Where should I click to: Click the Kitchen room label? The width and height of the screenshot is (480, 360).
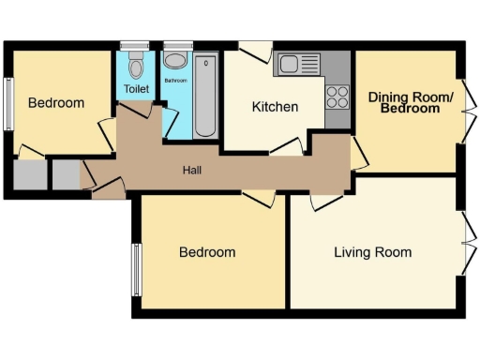[276, 107]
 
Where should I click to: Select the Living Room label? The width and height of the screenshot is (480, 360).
[372, 252]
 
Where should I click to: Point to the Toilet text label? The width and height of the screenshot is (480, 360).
[136, 90]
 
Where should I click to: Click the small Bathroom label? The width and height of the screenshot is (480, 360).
[176, 81]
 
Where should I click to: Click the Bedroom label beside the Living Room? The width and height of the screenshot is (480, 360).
[207, 252]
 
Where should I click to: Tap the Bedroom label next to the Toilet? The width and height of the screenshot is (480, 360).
[55, 103]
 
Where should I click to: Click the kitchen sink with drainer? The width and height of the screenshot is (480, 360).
[299, 65]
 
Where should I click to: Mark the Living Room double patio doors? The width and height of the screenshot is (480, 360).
[466, 243]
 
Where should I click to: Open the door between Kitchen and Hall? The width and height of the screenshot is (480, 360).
[286, 149]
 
